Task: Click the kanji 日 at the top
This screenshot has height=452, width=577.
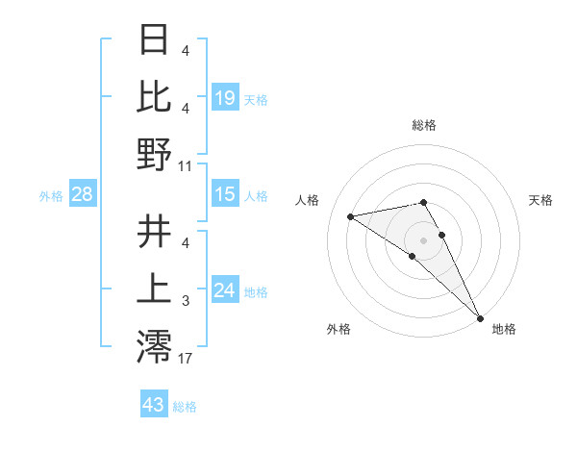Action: click(x=154, y=39)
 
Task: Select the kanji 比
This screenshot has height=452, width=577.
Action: click(x=154, y=96)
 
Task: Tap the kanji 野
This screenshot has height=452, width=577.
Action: click(x=154, y=154)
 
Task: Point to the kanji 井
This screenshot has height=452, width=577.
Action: click(x=154, y=232)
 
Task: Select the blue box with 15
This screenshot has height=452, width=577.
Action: click(x=224, y=194)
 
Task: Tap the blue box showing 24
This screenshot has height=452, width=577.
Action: click(x=224, y=290)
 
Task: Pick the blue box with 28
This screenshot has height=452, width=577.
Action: click(x=83, y=194)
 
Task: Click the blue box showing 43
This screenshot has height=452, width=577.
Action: click(x=153, y=405)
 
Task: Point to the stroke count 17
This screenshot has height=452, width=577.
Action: click(x=186, y=360)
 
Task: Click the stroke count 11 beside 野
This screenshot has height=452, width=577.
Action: click(x=186, y=165)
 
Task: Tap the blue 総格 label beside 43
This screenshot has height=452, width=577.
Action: click(x=185, y=407)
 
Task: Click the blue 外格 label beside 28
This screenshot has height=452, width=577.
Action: click(x=51, y=196)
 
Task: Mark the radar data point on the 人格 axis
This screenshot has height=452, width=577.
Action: click(x=351, y=216)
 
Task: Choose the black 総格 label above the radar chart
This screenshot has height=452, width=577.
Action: click(x=424, y=126)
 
